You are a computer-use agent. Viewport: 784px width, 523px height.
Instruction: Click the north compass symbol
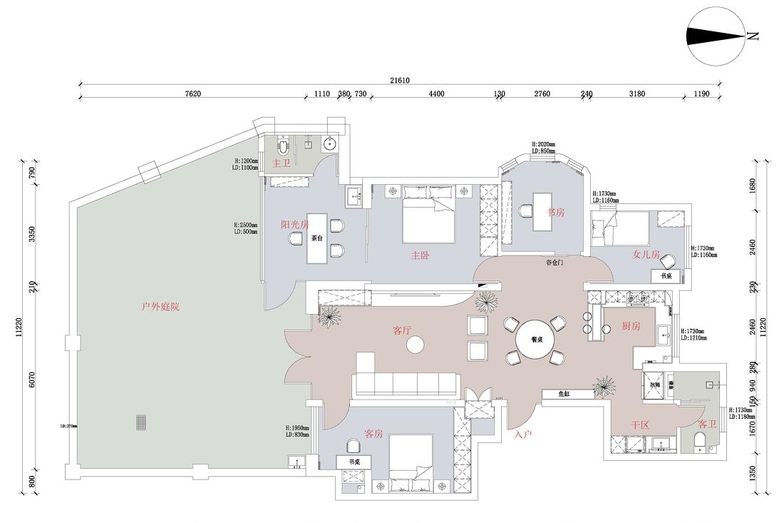coord(715,36)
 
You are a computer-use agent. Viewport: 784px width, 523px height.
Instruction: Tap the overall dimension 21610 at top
coord(399,81)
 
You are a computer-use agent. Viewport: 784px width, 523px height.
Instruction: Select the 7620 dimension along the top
coord(192,93)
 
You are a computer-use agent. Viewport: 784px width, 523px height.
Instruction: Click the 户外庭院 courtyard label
coord(160,307)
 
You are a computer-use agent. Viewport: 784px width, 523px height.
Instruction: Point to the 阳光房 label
coord(294,224)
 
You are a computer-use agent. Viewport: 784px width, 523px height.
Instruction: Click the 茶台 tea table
coord(317,238)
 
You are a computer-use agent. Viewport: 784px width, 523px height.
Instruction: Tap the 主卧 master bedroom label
coord(420,255)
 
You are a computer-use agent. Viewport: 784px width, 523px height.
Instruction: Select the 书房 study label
coord(556,212)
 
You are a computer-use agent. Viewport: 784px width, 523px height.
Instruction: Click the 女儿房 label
coord(646,254)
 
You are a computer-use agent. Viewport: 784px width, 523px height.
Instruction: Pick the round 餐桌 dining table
coord(537,340)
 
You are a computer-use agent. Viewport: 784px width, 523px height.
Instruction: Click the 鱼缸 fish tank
coord(567,394)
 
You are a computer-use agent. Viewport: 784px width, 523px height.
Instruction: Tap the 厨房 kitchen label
coord(631,326)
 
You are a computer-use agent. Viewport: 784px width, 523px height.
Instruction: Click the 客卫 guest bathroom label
coord(707,424)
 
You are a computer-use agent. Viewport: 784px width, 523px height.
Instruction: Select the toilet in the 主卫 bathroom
coord(283,146)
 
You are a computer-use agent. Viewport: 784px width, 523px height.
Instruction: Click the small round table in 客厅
coord(415,346)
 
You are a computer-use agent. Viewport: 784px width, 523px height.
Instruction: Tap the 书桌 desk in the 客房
coord(354,462)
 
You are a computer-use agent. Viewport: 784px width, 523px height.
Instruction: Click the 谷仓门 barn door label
coord(555,263)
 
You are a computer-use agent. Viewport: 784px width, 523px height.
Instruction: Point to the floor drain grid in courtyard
coord(141,422)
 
